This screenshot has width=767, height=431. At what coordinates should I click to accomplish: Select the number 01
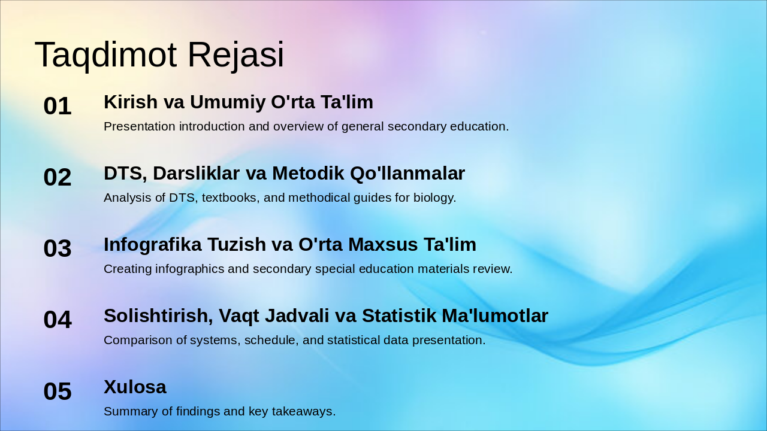(x=58, y=106)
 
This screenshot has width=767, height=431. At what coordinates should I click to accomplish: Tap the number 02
(x=58, y=177)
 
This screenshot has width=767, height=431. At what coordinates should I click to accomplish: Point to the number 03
(x=58, y=248)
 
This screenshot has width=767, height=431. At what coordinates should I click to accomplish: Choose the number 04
(x=58, y=320)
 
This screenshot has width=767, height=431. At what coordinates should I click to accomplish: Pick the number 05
(x=58, y=391)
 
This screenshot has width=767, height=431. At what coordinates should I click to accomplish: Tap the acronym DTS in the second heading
(x=125, y=174)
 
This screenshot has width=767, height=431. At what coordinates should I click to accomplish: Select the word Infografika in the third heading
(x=153, y=245)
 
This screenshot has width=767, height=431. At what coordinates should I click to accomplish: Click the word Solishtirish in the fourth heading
(x=158, y=316)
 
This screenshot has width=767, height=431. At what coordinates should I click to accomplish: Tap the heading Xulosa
(x=135, y=387)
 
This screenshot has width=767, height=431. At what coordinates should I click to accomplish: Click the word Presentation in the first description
(x=140, y=126)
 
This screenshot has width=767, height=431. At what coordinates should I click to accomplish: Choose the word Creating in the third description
(x=128, y=269)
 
